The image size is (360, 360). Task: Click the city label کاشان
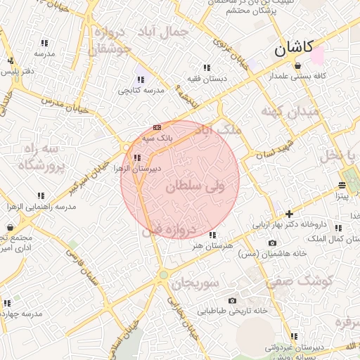coord(293,49)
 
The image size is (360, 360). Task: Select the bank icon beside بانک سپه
coord(157,127)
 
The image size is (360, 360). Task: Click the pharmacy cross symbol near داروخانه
coord(289,214)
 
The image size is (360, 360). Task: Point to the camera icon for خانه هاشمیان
coord(272,243)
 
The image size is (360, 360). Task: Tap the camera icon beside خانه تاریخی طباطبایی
coord(231,300)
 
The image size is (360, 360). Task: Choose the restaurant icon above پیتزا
coord(342,186)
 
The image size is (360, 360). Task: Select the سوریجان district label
coord(196,283)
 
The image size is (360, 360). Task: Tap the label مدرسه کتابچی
coord(140,91)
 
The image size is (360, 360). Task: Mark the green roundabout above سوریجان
coord(164,275)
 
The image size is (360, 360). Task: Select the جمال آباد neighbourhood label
coord(165,32)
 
